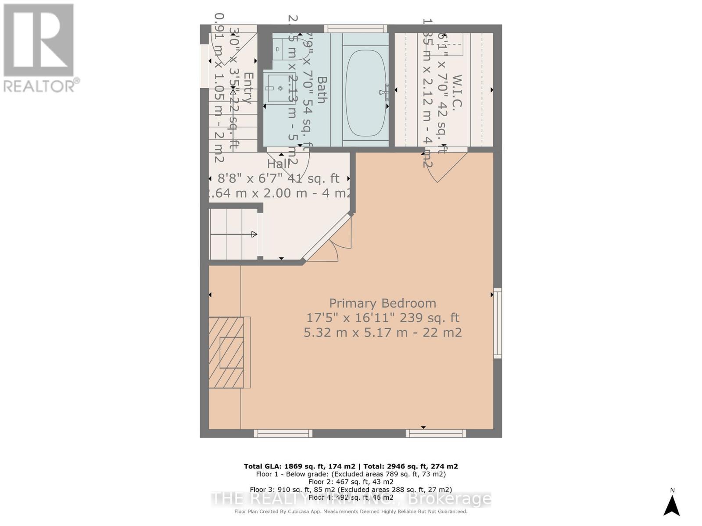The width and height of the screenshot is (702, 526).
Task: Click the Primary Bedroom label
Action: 383,303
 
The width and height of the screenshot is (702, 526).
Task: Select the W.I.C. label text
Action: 456,92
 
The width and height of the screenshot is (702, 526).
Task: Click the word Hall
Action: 279,164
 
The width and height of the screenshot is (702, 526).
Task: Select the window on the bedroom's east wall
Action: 497,323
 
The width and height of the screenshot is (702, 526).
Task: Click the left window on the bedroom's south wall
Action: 283,434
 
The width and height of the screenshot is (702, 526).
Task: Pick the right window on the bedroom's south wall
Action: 436,434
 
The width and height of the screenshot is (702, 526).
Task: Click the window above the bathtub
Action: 355,28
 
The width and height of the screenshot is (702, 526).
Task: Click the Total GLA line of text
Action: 351,466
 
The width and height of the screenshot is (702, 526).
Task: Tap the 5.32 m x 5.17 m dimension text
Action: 383,333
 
